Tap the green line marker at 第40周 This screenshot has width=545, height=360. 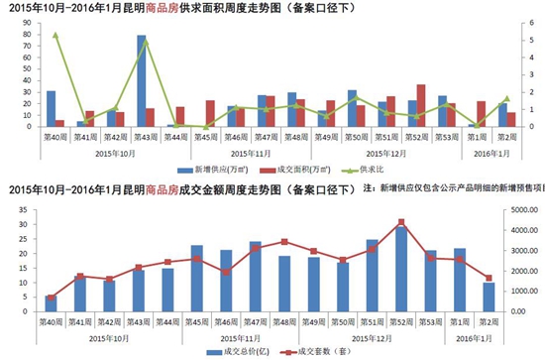pos(55,35)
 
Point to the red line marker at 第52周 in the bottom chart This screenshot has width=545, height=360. pos(401,222)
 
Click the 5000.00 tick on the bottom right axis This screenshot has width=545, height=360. pos(517,209)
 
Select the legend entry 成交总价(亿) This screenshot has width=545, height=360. pos(237,351)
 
